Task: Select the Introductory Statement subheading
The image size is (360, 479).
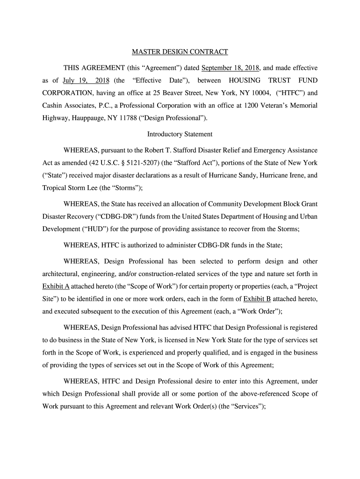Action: pyautogui.click(x=180, y=134)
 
